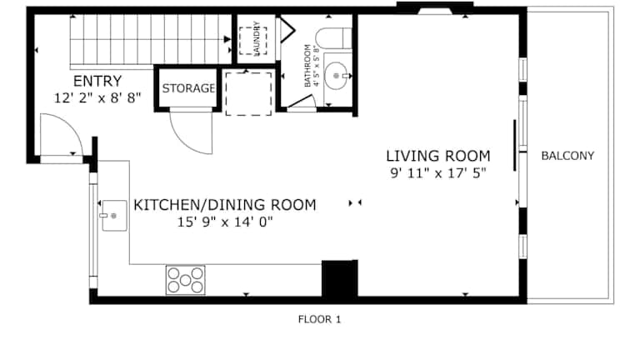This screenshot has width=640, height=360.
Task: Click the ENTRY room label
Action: [97, 81]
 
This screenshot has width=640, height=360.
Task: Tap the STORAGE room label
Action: [188, 88]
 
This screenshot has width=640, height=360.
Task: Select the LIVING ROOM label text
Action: [438, 156]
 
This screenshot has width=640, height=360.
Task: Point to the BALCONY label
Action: [567, 156]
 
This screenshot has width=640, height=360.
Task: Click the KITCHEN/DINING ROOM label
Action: [225, 205]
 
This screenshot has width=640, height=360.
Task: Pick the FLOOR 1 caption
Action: [319, 319]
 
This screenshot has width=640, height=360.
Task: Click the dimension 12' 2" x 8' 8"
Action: [97, 98]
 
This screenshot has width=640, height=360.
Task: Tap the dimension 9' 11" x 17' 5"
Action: [438, 173]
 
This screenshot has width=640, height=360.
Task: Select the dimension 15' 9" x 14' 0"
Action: [225, 222]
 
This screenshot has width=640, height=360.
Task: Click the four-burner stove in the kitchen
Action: [185, 280]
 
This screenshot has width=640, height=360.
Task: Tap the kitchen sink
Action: [114, 216]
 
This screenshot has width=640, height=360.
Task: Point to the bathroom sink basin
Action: [337, 76]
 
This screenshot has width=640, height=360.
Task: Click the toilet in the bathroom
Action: [333, 38]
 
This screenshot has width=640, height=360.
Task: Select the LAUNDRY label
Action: [257, 38]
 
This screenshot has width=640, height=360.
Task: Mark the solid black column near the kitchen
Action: [340, 280]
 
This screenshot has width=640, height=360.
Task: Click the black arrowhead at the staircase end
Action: [227, 39]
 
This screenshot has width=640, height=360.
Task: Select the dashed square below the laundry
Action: [248, 94]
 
